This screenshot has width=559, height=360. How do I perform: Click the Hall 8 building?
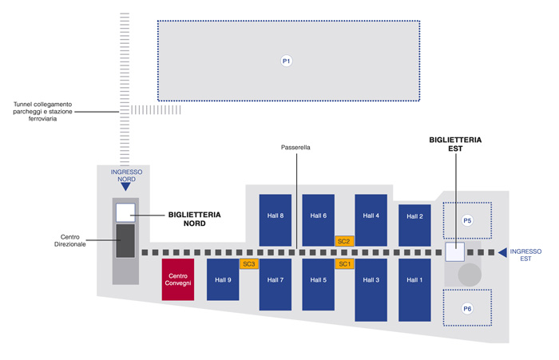pyautogui.click(x=276, y=219)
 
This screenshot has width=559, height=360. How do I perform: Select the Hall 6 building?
pyautogui.click(x=318, y=219)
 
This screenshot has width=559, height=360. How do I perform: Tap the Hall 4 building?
pyautogui.click(x=371, y=219)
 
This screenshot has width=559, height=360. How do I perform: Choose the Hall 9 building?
pyautogui.click(x=223, y=279)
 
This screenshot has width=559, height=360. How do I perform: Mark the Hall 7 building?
pyautogui.click(x=276, y=283)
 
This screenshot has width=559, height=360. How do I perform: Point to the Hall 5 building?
pyautogui.click(x=318, y=283)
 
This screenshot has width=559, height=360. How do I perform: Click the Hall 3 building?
pyautogui.click(x=371, y=283)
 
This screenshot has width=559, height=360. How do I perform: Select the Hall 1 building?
pyautogui.click(x=414, y=283)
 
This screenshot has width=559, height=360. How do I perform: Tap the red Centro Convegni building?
pyautogui.click(x=178, y=279)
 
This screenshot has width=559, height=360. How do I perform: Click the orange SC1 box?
pyautogui.click(x=344, y=263)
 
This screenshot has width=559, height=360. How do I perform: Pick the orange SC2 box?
pyautogui.click(x=344, y=240)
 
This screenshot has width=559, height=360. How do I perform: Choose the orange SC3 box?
pyautogui.click(x=248, y=263)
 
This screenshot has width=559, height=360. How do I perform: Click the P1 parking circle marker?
pyautogui.click(x=287, y=61)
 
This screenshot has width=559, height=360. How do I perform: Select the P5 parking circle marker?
pyautogui.click(x=468, y=220)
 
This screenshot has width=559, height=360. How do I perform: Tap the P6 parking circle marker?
pyautogui.click(x=467, y=308)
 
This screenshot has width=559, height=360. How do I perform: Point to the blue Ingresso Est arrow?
pyautogui.click(x=502, y=253)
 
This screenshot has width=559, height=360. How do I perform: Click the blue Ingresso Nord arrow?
pyautogui.click(x=126, y=188)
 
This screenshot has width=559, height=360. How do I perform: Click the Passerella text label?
pyautogui.click(x=295, y=148)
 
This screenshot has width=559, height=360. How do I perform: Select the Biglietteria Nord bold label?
pyautogui.click(x=194, y=219)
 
